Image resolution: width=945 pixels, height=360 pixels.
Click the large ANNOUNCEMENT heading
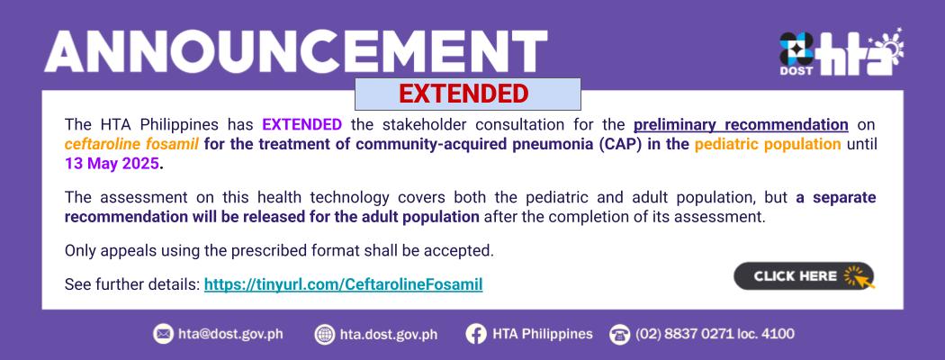pyautogui.click(x=296, y=52)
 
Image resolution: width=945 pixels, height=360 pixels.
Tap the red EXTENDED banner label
pyautogui.click(x=463, y=94)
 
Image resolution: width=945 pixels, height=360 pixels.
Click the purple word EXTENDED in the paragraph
pyautogui.click(x=301, y=125)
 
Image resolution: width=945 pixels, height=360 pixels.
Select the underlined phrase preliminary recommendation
pyautogui.click(x=741, y=125)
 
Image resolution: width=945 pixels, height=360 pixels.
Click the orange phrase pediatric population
pyautogui.click(x=768, y=145)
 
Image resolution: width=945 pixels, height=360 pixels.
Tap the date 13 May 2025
pyautogui.click(x=112, y=164)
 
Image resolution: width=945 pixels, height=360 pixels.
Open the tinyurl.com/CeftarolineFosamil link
pyautogui.click(x=344, y=284)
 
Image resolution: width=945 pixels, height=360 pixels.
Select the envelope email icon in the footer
pyautogui.click(x=163, y=334)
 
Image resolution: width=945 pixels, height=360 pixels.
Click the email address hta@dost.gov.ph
pyautogui.click(x=230, y=334)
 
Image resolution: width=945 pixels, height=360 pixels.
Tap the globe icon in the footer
pyautogui.click(x=324, y=334)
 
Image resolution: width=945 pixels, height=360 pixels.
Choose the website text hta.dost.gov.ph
pyautogui.click(x=389, y=334)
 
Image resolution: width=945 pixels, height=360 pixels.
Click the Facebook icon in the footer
pyautogui.click(x=475, y=334)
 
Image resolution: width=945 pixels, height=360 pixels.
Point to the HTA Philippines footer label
pyautogui.click(x=543, y=334)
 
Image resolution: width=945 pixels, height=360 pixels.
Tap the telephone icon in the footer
pyautogui.click(x=619, y=334)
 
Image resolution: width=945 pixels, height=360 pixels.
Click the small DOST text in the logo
pyautogui.click(x=796, y=70)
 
